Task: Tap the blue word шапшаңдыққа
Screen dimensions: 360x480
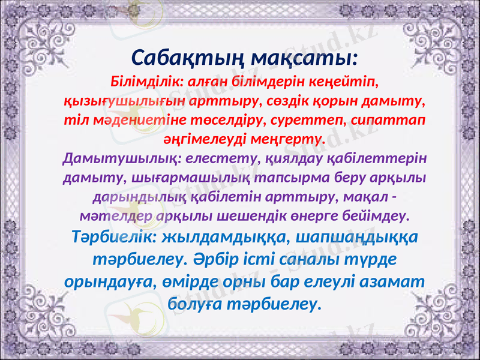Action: [356, 238]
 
